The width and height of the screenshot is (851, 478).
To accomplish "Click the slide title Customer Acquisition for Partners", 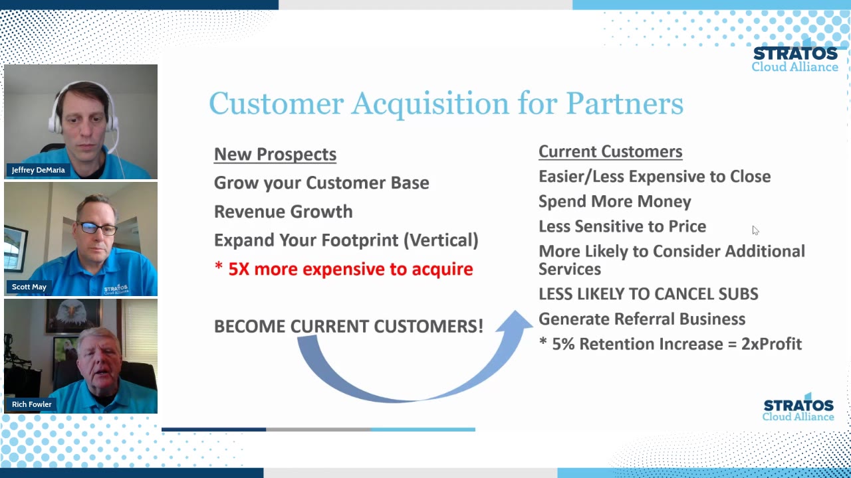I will [x=445, y=104].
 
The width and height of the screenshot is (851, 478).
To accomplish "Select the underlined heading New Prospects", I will [x=275, y=154].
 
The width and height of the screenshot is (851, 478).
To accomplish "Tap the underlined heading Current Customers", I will [x=610, y=151].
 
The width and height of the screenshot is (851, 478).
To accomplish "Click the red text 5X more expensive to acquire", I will [x=350, y=269].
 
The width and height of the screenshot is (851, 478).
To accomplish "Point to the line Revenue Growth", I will [x=283, y=212].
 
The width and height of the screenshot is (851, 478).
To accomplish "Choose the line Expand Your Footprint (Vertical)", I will [x=346, y=240].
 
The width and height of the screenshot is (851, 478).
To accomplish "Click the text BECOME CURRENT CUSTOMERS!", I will [x=348, y=326].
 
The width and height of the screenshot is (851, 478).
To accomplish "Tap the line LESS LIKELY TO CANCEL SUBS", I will [x=648, y=294].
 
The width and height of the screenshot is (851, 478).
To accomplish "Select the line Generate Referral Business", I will [x=641, y=319].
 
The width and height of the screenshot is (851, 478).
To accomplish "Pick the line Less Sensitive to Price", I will [x=622, y=226].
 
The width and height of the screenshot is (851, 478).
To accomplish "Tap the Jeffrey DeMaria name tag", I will [x=38, y=170].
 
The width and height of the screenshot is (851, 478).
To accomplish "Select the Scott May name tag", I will [x=29, y=287].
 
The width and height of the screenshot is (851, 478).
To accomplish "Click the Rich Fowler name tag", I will [x=31, y=404].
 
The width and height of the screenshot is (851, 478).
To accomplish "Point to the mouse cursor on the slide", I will [x=755, y=230].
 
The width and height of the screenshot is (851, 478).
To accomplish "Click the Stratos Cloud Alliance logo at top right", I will [x=794, y=59].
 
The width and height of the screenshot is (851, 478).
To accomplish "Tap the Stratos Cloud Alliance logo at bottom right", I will [x=798, y=409].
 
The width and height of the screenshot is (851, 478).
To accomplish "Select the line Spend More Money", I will [x=614, y=201].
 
